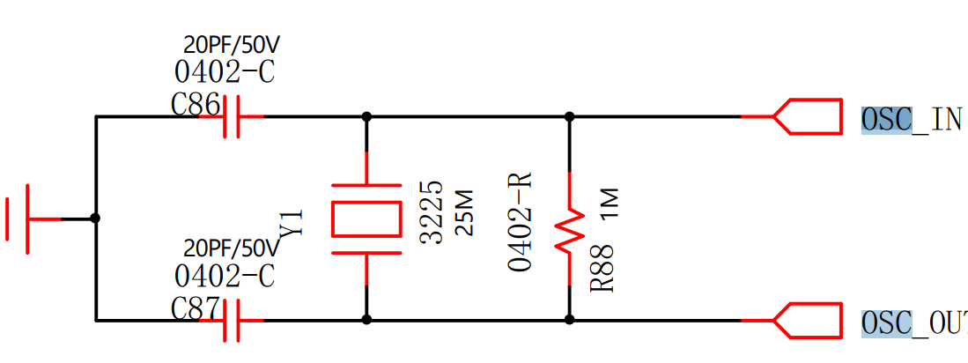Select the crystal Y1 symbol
point(366,219)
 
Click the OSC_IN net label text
point(912,119)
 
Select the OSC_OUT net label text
point(913,324)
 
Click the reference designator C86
point(196,106)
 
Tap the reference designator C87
point(196,309)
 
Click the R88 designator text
point(602,274)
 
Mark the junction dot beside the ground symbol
point(95,219)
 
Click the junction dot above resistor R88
point(569,116)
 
